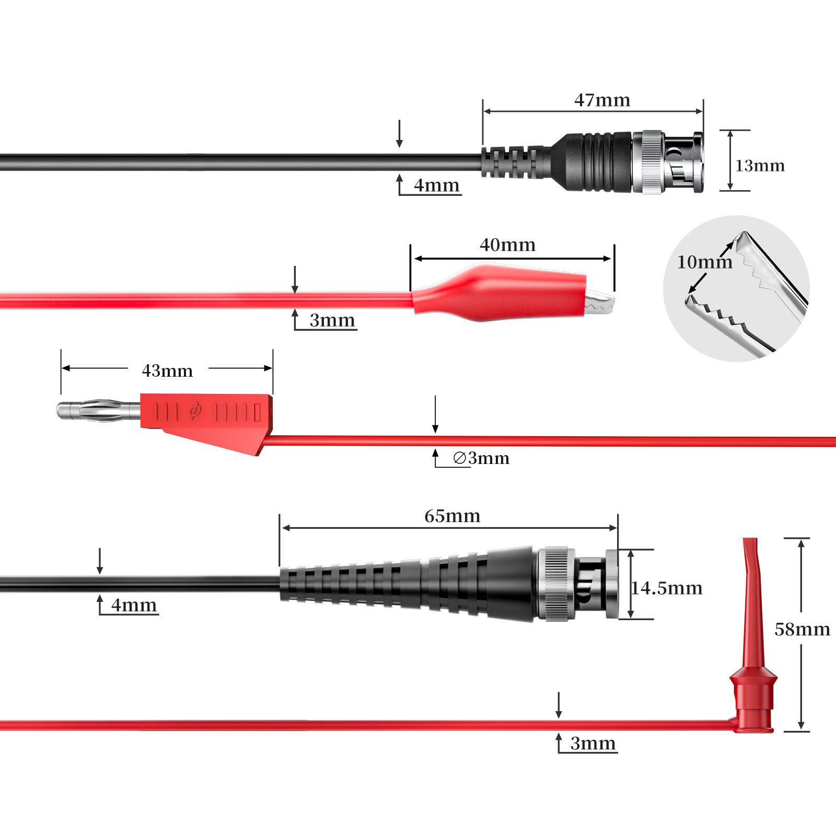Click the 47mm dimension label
coord(602,100)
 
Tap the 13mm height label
coord(760,166)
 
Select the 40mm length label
coord(507,245)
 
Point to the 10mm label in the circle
coord(704,262)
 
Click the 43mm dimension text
coord(167,370)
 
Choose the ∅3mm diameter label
coord(481,458)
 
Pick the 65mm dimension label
coord(452,516)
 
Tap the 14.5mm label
coord(667,588)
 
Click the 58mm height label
coord(802,629)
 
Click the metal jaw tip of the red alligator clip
coord(600,304)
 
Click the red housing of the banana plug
coord(209,418)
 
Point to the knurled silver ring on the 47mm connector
coord(652,162)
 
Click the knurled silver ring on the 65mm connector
coord(556,584)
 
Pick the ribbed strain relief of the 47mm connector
coord(515,162)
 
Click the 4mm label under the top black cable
coord(436,185)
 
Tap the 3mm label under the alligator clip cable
coord(332,320)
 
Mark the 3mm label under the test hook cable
coord(593,743)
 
